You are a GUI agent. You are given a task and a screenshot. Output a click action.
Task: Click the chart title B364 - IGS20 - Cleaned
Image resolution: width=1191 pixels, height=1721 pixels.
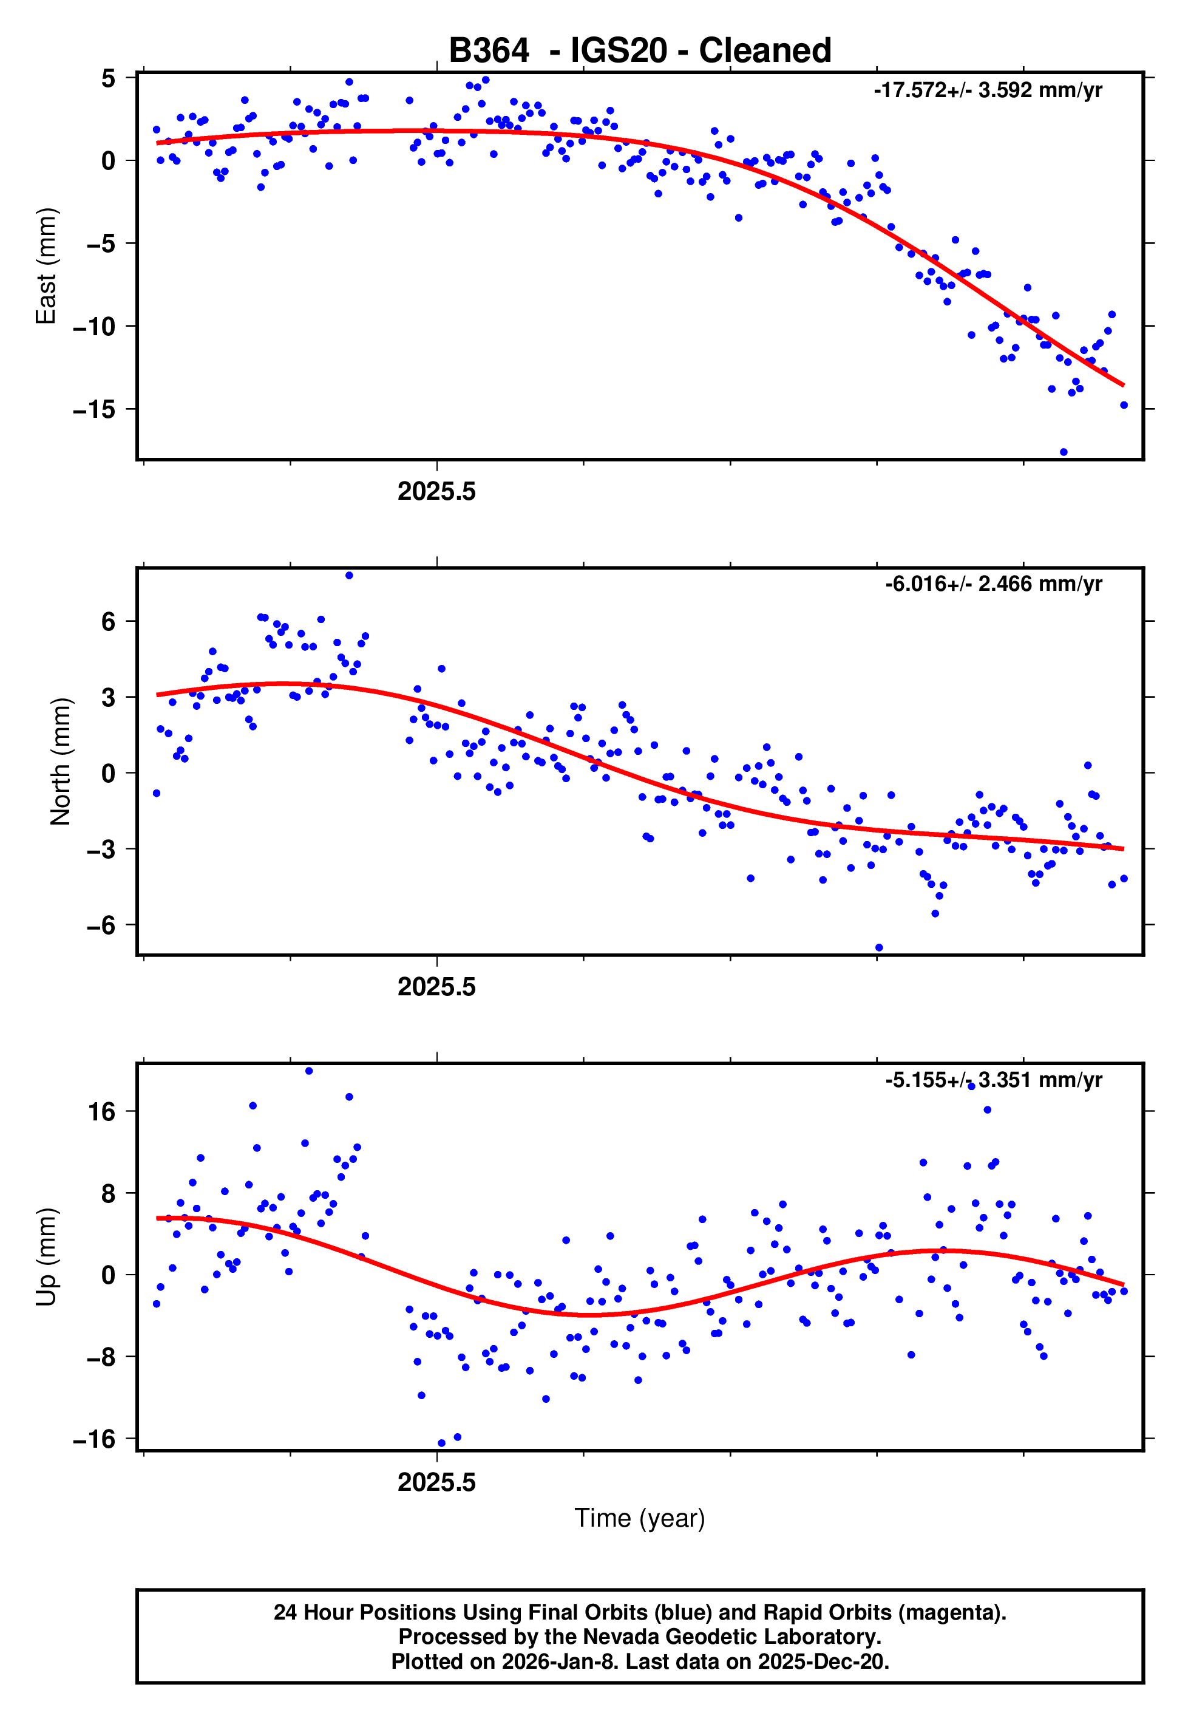640,51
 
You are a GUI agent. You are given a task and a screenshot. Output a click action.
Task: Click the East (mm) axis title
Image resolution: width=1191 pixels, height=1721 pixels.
46,266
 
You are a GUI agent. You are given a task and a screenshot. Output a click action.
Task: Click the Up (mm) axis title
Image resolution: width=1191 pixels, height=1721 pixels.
46,1257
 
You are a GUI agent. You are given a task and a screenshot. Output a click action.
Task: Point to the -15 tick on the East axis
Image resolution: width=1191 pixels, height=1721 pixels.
94,410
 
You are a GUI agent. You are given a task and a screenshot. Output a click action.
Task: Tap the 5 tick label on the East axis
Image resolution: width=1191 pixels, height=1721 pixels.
108,78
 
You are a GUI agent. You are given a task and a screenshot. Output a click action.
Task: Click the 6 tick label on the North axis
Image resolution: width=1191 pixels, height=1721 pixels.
108,621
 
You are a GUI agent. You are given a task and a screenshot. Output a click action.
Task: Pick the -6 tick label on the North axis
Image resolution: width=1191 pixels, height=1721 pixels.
101,925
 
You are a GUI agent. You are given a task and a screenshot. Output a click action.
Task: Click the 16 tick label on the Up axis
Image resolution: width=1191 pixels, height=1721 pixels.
102,1112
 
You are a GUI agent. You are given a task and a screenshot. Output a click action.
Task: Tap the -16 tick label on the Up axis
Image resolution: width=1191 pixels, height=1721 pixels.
94,1439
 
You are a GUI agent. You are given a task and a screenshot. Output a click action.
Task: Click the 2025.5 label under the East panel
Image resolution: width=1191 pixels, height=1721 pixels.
436,492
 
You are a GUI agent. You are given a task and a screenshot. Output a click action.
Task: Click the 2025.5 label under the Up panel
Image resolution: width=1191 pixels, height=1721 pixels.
436,1483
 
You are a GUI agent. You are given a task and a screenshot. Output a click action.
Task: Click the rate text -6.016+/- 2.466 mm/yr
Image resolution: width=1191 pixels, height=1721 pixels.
993,584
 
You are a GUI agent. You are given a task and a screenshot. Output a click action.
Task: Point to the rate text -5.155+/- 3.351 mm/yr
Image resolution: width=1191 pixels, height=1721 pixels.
993,1080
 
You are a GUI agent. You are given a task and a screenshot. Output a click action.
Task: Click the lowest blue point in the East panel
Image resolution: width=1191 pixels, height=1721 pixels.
1064,452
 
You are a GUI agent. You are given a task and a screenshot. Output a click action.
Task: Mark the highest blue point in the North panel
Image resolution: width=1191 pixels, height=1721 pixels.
349,576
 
